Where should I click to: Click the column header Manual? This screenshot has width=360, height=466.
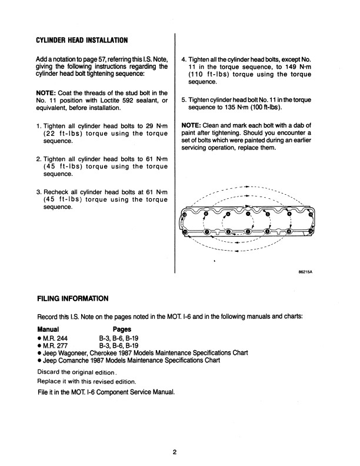pos(50,329)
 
